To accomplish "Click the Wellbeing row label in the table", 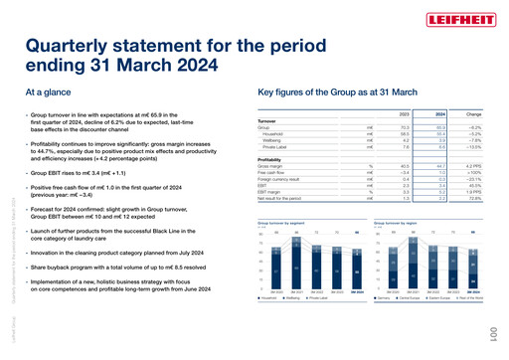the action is pos(273,141).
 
